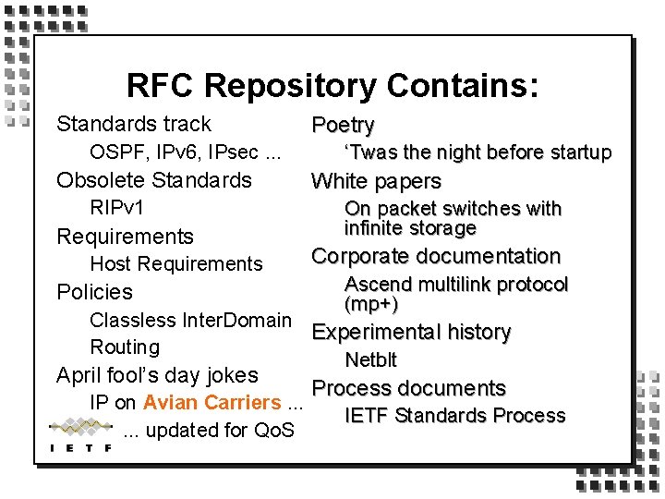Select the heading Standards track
[x=134, y=124]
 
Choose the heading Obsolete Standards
[x=154, y=179]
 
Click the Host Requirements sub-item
[x=176, y=263]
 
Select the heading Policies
[x=95, y=292]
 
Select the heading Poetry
[x=343, y=125]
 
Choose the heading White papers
[x=376, y=181]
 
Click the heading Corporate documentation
[x=436, y=256]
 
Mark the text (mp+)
[x=371, y=303]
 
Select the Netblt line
[x=370, y=359]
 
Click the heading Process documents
[x=408, y=388]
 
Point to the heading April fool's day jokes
[x=157, y=375]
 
